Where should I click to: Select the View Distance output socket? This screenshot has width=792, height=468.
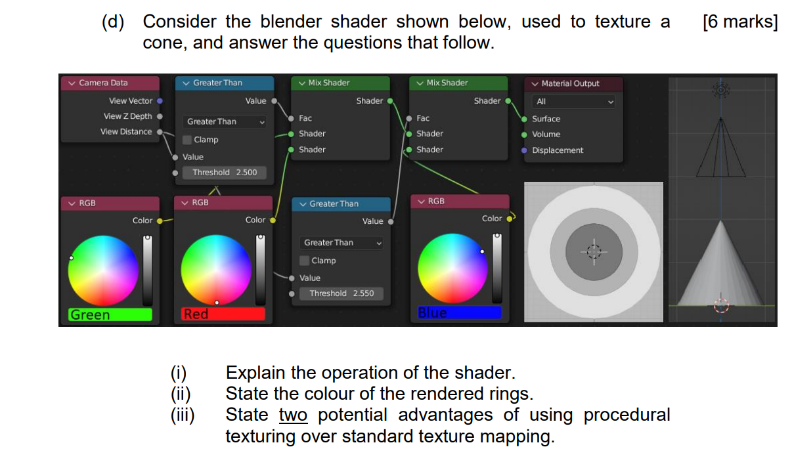pos(160,132)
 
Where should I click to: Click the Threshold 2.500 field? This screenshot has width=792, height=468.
pos(225,173)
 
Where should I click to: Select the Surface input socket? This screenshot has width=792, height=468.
pos(524,119)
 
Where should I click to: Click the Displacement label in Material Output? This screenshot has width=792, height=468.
pos(558,150)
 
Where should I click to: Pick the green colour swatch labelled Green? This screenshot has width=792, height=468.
pos(110,314)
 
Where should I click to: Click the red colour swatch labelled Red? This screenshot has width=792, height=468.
pos(224,314)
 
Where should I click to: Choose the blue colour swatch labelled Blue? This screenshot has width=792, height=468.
pos(460,313)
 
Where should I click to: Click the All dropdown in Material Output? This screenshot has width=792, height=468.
pos(573,102)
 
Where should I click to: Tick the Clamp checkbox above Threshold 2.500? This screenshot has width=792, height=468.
pos(187,140)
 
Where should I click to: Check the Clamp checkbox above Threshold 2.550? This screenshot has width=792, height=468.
pos(305,261)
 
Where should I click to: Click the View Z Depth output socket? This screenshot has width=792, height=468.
pos(160,116)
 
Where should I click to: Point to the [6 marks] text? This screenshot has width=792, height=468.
pos(739,22)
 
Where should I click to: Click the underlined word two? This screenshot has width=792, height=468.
pos(293,415)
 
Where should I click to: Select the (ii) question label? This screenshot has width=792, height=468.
pos(180,394)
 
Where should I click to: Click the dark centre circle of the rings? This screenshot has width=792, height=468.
pos(594,251)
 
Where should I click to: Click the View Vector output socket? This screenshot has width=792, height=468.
pos(160,101)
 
